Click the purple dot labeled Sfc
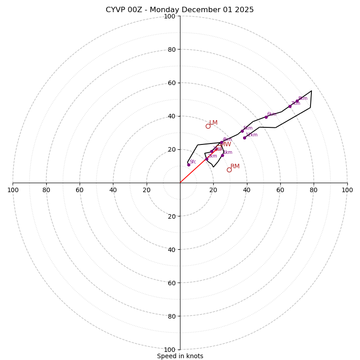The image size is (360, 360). [189, 165]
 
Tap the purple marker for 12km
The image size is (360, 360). [244, 138]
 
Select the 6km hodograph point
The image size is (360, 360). [266, 117]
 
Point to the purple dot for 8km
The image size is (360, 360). [297, 101]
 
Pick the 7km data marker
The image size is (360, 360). [290, 106]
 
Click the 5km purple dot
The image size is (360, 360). [242, 131]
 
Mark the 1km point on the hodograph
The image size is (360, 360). [222, 155]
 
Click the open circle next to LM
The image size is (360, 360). [208, 126]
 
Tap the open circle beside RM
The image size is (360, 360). [229, 170]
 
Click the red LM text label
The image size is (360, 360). [213, 122]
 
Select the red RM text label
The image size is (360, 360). [235, 166]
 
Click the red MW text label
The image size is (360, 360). [225, 144]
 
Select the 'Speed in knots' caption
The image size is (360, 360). [180, 356]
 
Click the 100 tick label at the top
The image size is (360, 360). [170, 17]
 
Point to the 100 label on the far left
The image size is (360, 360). [13, 190]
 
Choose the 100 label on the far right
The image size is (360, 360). [347, 190]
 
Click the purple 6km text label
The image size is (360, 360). [272, 114]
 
